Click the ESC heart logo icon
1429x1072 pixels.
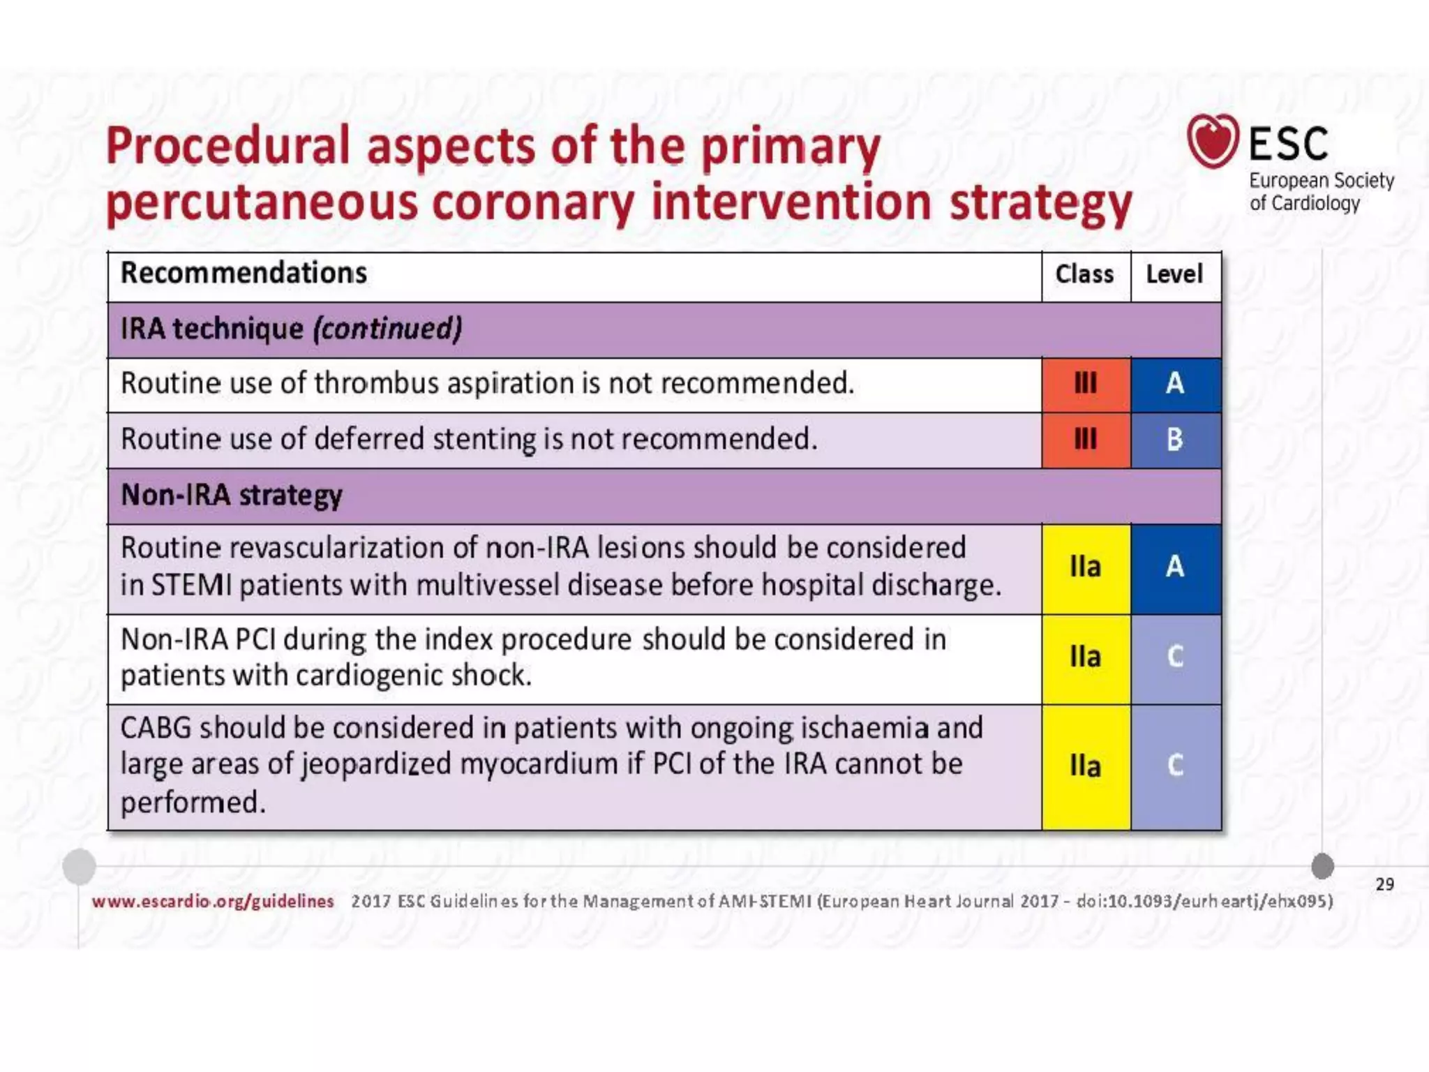pyautogui.click(x=1213, y=141)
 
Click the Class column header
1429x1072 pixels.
pyautogui.click(x=1084, y=274)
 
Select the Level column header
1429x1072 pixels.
pyautogui.click(x=1174, y=274)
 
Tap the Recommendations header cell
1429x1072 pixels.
pyautogui.click(x=244, y=273)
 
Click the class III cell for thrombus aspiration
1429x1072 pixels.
pyautogui.click(x=1085, y=384)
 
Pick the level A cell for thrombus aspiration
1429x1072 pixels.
pyautogui.click(x=1175, y=384)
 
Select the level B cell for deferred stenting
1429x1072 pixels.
pyautogui.click(x=1175, y=440)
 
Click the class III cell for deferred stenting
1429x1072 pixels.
pyautogui.click(x=1085, y=440)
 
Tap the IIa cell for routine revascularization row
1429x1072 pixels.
pyautogui.click(x=1085, y=567)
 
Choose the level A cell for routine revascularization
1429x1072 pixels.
pyautogui.click(x=1175, y=567)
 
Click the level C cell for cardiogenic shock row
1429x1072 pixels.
pyautogui.click(x=1175, y=657)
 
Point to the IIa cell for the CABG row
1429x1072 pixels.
pyautogui.click(x=1085, y=766)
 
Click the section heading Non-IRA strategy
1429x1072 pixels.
pyautogui.click(x=232, y=496)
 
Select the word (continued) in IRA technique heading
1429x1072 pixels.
pyautogui.click(x=387, y=329)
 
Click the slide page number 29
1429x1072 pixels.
pyautogui.click(x=1384, y=884)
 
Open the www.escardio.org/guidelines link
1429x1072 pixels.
pyautogui.click(x=213, y=901)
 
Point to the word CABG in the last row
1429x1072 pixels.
pyautogui.click(x=156, y=728)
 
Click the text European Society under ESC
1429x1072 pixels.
pyautogui.click(x=1321, y=181)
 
